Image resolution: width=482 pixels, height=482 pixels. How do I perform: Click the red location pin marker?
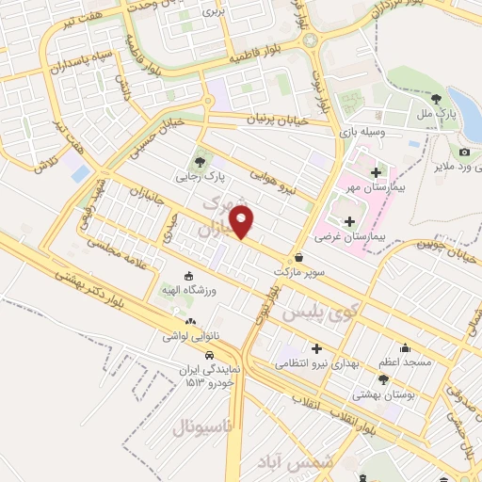tap(243, 222)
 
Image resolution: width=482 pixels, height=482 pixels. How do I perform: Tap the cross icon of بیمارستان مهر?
tap(377, 172)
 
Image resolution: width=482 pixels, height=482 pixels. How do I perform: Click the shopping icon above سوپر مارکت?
tap(299, 257)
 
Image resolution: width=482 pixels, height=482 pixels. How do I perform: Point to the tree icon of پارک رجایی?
tap(199, 160)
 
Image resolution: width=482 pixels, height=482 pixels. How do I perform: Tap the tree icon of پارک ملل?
tap(435, 97)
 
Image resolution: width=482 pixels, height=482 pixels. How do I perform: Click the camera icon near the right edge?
tap(464, 152)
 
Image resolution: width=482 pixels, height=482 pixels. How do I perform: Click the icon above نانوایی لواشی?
tap(192, 321)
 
